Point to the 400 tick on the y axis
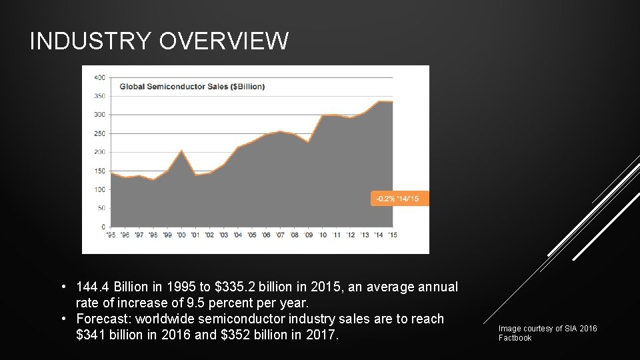tap(99, 77)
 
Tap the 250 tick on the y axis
tap(99, 133)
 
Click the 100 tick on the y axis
tap(99, 189)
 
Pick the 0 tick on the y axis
tap(103, 227)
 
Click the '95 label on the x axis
tap(111, 235)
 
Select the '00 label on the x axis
tap(181, 235)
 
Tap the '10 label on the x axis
tap(322, 235)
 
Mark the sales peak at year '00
tap(181, 151)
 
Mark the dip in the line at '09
tap(308, 142)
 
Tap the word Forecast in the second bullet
tap(103, 319)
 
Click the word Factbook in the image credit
tap(515, 338)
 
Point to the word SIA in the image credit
tap(571, 329)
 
